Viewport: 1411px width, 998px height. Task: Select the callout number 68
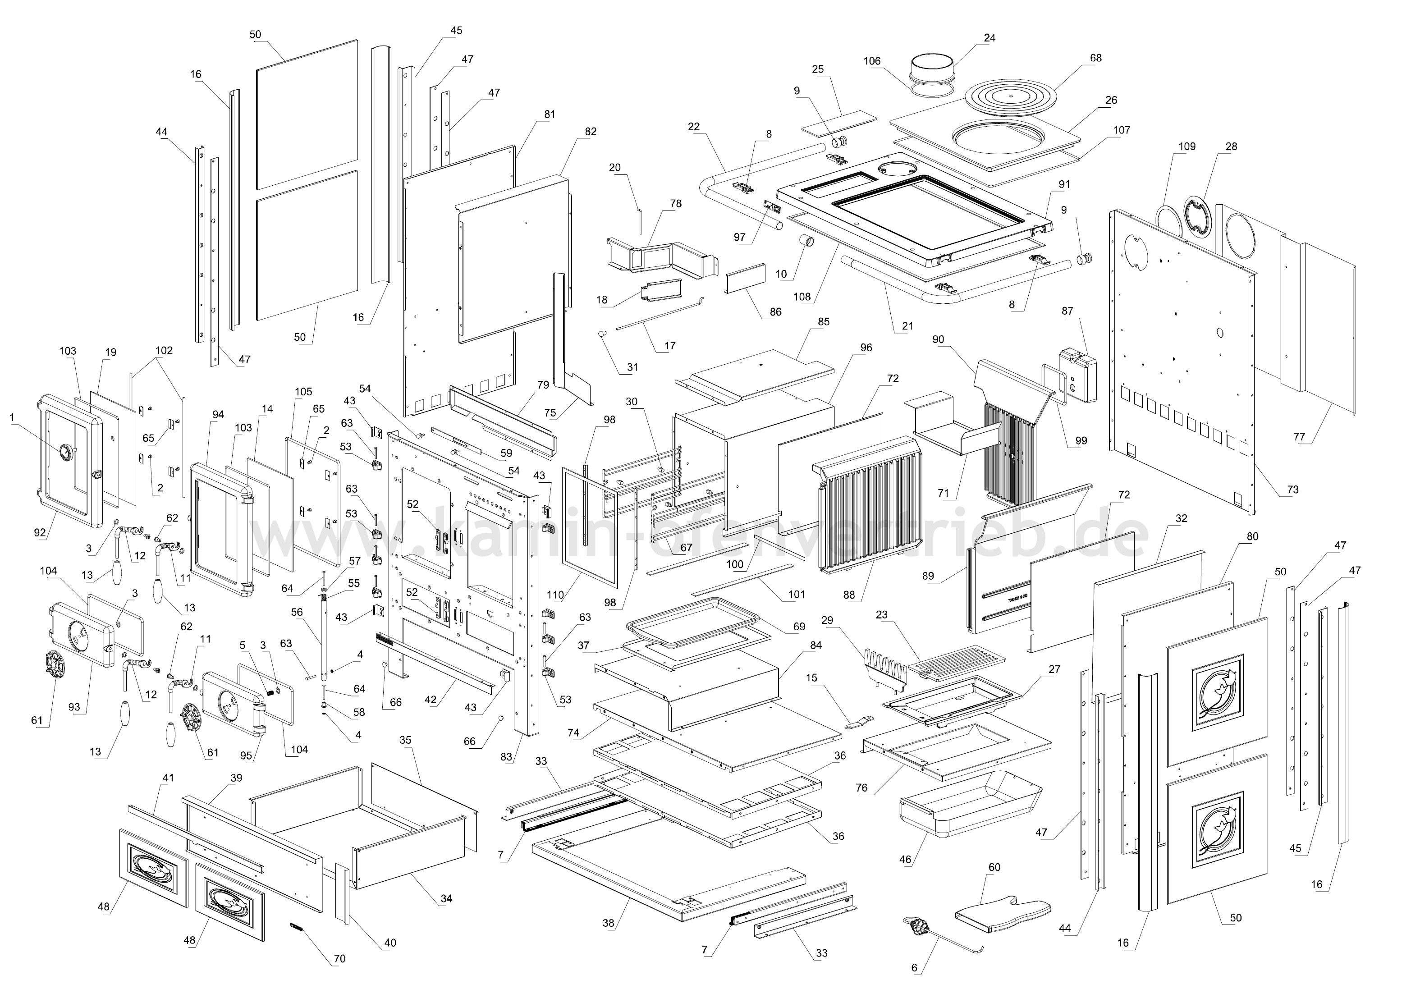[x=1096, y=58]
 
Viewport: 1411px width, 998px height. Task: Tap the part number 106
[x=872, y=61]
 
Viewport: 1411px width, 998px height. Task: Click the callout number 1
[x=12, y=417]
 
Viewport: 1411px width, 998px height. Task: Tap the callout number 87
[x=1067, y=311]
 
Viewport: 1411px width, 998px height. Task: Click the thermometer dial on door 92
[x=66, y=452]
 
